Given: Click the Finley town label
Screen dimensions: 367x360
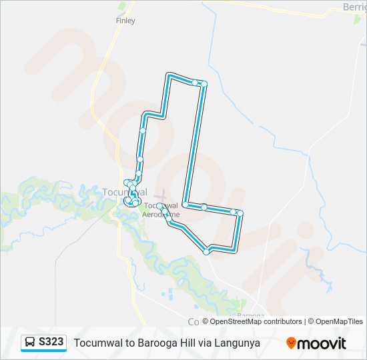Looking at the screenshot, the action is click(125, 21).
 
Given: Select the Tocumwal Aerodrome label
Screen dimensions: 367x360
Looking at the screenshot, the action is click(162, 210).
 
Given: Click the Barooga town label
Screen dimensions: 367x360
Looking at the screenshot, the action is click(251, 315).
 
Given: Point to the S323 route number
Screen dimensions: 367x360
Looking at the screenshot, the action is click(51, 342).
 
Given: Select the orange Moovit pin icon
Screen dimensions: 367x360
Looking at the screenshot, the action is click(291, 343).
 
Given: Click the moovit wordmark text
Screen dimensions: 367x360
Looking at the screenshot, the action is click(322, 343).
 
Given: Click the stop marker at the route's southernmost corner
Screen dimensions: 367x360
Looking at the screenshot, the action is click(206, 252).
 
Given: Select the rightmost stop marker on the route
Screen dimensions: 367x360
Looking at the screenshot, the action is click(240, 213).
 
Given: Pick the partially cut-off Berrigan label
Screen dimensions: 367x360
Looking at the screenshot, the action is click(354, 6).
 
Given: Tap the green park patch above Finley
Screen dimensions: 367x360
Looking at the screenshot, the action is click(121, 6).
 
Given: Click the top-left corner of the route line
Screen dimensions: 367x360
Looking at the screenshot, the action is click(169, 75).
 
